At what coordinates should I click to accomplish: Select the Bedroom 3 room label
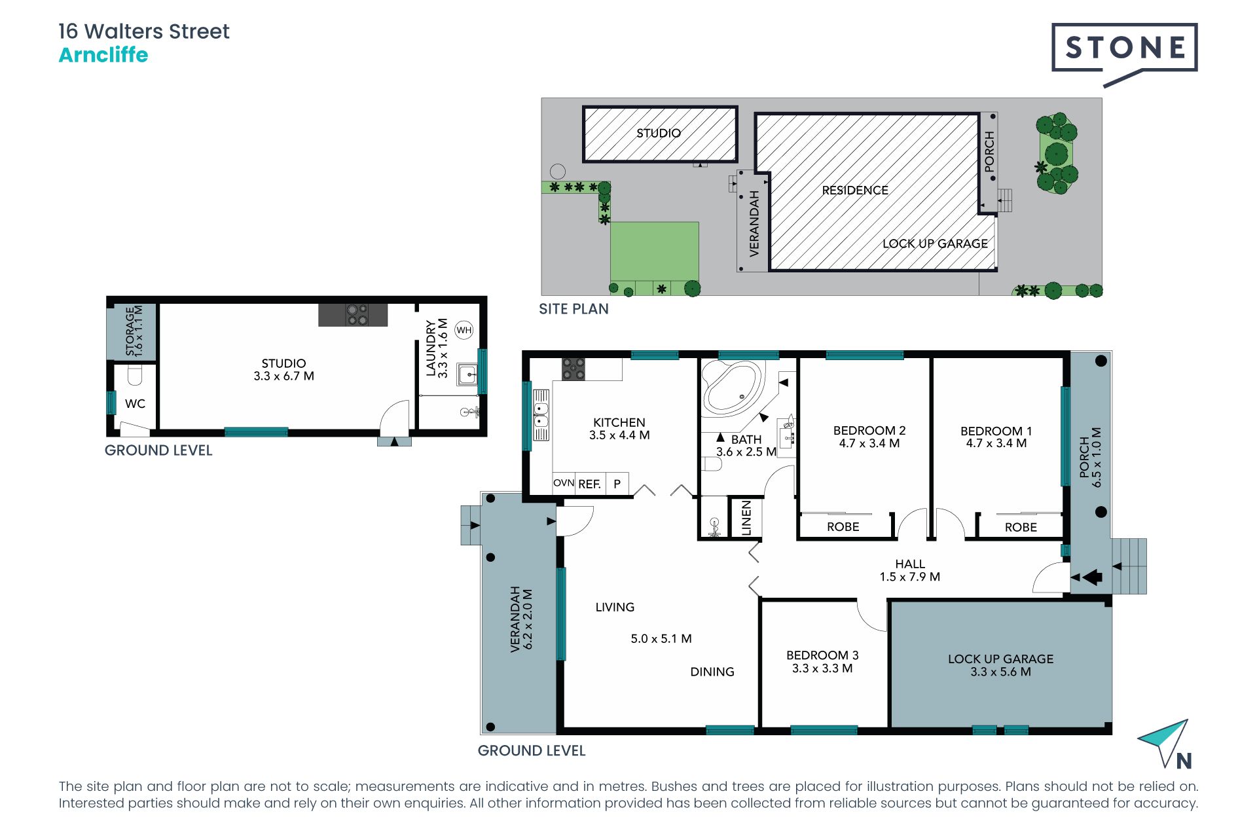822,662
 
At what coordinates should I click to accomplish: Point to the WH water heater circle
464,330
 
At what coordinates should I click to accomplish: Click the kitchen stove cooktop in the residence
574,369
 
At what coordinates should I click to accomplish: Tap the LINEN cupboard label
746,519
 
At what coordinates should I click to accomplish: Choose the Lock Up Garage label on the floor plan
1001,665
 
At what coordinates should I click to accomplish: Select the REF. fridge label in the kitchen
589,484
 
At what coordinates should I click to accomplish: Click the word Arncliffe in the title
103,55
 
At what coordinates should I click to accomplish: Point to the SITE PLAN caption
574,309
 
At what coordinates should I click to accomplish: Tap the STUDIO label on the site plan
659,133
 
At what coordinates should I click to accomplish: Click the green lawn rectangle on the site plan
655,251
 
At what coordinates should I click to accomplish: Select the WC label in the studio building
135,404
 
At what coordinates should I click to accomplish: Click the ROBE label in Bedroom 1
1021,527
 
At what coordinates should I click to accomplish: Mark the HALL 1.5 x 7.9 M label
910,570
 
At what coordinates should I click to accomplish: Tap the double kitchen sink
541,415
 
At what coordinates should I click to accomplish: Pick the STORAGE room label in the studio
134,331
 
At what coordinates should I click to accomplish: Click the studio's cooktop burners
357,315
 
